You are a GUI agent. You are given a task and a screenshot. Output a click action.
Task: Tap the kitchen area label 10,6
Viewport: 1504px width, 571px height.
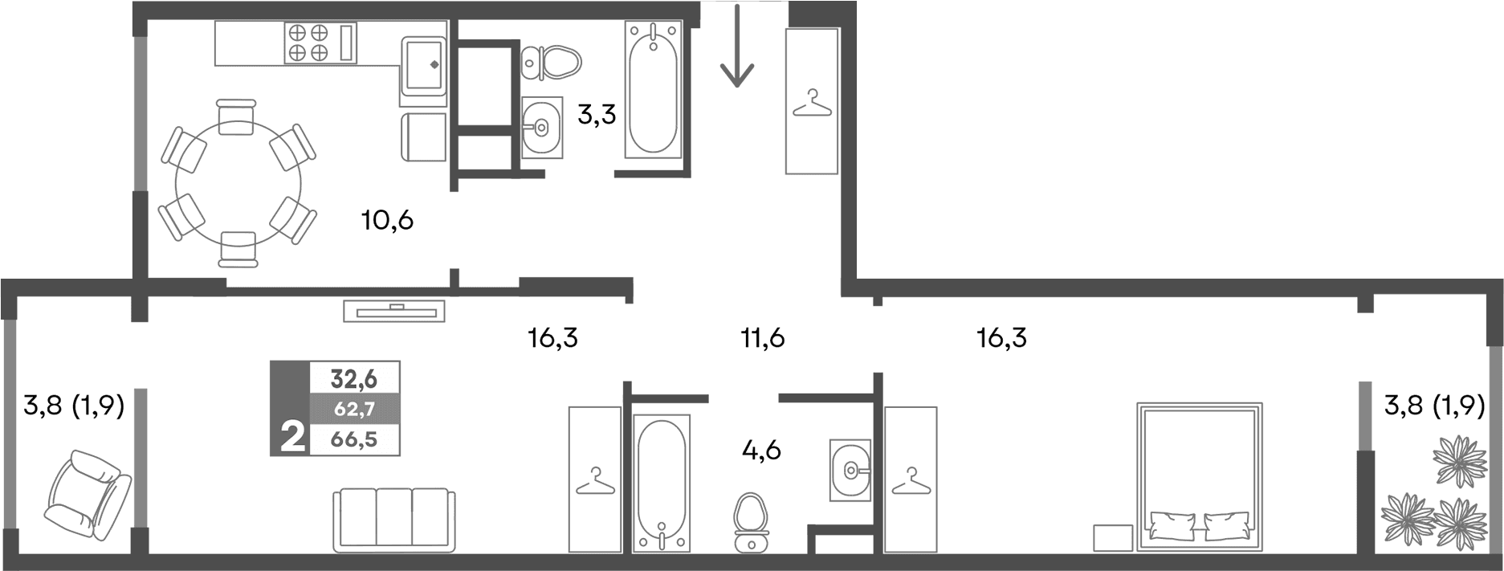[387, 219]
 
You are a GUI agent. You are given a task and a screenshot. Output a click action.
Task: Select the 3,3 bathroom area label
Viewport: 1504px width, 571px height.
[597, 115]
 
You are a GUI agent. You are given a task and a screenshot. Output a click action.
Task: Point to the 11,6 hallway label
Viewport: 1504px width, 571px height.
[762, 338]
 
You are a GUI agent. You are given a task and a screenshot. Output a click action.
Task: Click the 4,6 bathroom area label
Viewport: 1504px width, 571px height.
[761, 450]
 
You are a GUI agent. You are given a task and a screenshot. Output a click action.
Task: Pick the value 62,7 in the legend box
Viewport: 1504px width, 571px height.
[354, 408]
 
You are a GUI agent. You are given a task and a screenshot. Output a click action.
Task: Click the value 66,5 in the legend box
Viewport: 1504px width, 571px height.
[354, 439]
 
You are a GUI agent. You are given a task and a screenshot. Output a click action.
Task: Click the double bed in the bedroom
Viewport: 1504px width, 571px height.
[1200, 477]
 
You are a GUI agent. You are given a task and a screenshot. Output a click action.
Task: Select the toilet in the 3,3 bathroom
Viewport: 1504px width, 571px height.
[551, 62]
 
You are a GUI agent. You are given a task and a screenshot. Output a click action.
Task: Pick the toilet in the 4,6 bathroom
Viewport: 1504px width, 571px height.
[752, 523]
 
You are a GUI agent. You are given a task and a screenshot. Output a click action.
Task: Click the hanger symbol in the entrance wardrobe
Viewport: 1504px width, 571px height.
[812, 104]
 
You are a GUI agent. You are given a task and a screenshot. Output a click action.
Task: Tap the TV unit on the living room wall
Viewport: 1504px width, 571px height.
[394, 310]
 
